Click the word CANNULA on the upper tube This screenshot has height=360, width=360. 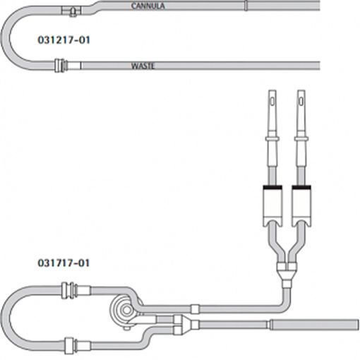coord(148,6)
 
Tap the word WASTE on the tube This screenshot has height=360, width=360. coord(143,66)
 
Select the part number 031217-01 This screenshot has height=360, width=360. coord(64,40)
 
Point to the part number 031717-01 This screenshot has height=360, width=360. coord(64,263)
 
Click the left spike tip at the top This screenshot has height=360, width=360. coord(272,91)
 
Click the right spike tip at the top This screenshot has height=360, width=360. coord(301,91)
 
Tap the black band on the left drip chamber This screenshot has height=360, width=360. coord(272,187)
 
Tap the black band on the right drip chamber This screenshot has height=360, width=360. coord(301,187)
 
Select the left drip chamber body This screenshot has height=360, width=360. coord(272,206)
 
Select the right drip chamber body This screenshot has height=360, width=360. coord(301,206)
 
